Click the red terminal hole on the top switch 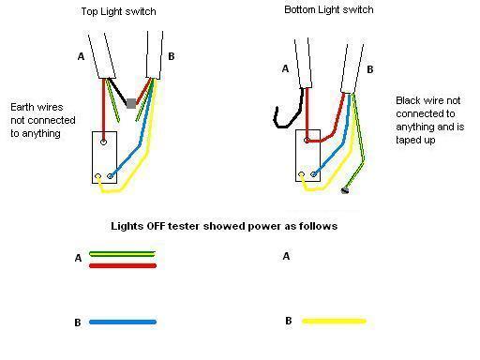[x=103, y=142]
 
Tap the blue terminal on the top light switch [x=111, y=174]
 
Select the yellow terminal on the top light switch [x=97, y=177]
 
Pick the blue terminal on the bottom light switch [x=314, y=174]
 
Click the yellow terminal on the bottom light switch [x=302, y=174]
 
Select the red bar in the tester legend [x=122, y=265]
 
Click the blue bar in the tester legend [x=122, y=322]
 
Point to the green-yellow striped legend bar [x=122, y=254]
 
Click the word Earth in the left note [x=24, y=107]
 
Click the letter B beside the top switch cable [x=172, y=56]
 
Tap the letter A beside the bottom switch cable [x=285, y=68]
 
